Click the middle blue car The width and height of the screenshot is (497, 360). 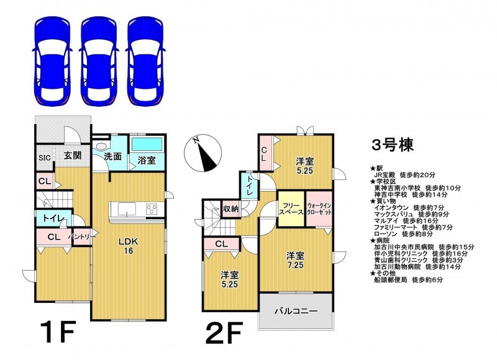(x=99, y=61)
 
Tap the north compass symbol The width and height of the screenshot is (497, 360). (x=203, y=153)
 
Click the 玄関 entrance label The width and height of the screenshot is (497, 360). (x=73, y=155)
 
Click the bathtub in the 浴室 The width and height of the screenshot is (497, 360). (x=147, y=145)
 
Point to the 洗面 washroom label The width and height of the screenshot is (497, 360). (x=113, y=156)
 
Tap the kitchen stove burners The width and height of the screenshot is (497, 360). (x=152, y=209)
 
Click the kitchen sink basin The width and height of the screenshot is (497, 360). (x=127, y=209)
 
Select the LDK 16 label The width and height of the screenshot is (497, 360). (x=129, y=246)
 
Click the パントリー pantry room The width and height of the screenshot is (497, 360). (x=82, y=236)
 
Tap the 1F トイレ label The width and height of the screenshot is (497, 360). (x=54, y=218)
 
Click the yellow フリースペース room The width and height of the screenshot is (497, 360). (x=291, y=209)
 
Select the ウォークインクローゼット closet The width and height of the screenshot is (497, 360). (x=319, y=209)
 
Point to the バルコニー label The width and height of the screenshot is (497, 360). (x=296, y=311)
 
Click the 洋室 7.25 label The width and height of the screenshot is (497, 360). (x=296, y=260)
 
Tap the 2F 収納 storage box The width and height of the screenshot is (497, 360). (x=230, y=209)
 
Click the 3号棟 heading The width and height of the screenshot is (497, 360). (x=393, y=145)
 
